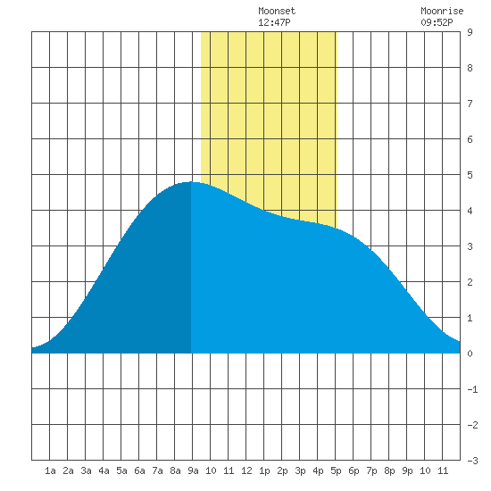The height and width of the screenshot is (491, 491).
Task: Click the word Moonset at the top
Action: pyautogui.click(x=277, y=12)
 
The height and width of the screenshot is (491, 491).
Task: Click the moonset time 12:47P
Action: pyautogui.click(x=274, y=22)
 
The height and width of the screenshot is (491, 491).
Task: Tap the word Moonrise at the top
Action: pyautogui.click(x=442, y=12)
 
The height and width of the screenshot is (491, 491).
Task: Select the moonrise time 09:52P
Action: pyautogui.click(x=437, y=22)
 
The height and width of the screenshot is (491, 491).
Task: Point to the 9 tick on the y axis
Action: pyautogui.click(x=470, y=32)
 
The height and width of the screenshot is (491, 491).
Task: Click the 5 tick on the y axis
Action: pyautogui.click(x=470, y=175)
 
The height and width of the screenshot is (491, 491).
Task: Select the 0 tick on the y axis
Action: pyautogui.click(x=470, y=354)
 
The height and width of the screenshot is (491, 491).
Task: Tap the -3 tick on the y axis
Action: pyautogui.click(x=472, y=461)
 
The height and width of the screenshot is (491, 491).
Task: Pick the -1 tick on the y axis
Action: pyautogui.click(x=472, y=389)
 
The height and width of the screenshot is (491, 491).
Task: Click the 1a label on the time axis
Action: pyautogui.click(x=50, y=470)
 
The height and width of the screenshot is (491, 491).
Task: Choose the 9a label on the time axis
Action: pyautogui.click(x=193, y=470)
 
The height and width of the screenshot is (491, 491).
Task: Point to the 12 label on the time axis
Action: pyautogui.click(x=246, y=470)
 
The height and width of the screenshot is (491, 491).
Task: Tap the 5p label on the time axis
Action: pyautogui.click(x=336, y=470)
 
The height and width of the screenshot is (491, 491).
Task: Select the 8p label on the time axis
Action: pyautogui.click(x=389, y=470)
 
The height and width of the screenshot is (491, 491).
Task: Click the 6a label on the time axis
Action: pyautogui.click(x=139, y=470)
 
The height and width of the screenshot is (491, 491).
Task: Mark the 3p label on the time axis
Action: pyautogui.click(x=300, y=470)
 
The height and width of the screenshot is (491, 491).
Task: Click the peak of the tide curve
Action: pyautogui.click(x=191, y=182)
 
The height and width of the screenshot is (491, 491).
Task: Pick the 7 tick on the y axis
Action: pyautogui.click(x=470, y=104)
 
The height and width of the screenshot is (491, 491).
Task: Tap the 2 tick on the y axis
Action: pyautogui.click(x=470, y=282)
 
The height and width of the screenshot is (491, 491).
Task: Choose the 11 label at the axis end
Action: pyautogui.click(x=443, y=470)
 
